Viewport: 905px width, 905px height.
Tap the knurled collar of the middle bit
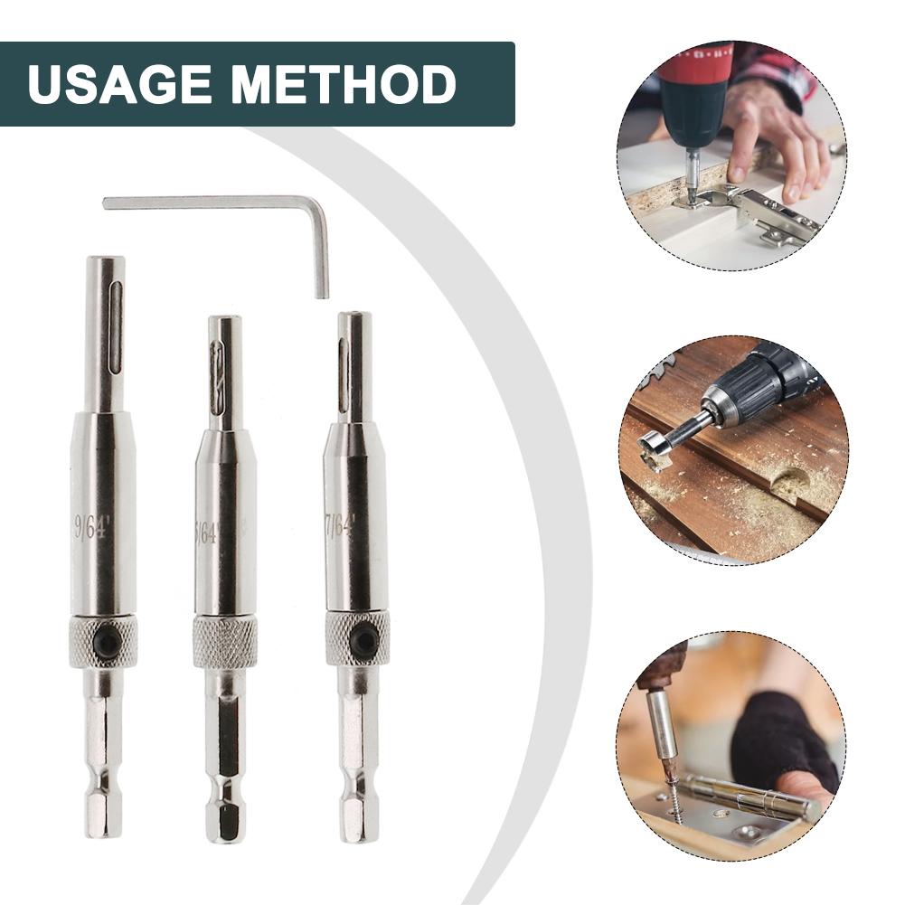224,641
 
